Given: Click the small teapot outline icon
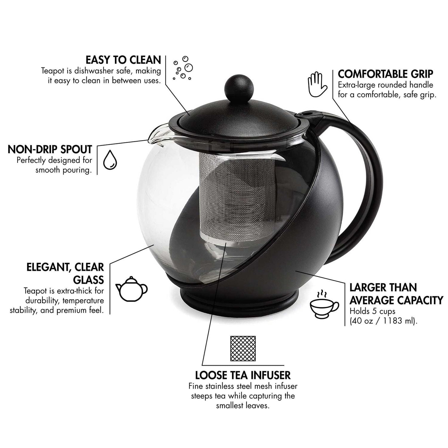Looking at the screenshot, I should (132, 289).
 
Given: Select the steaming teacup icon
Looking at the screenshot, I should (324, 304).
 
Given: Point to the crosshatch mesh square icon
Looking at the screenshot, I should (243, 348).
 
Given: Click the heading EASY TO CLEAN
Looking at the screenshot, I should (123, 60).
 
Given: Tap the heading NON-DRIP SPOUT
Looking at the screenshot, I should (50, 149).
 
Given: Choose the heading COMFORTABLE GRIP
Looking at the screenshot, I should (385, 74).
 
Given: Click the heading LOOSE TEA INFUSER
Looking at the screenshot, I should (243, 375).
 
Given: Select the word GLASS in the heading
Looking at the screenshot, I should (89, 280).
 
